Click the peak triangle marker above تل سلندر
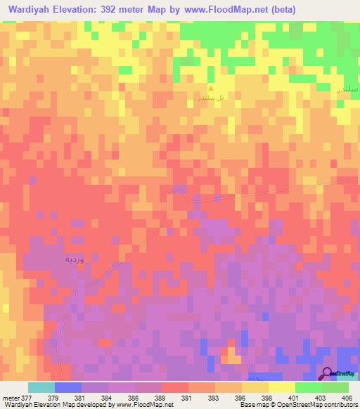pos(211,89)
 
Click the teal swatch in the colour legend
pos(41,387)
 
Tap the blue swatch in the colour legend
pos(68,387)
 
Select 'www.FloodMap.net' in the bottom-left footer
pos(145,405)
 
